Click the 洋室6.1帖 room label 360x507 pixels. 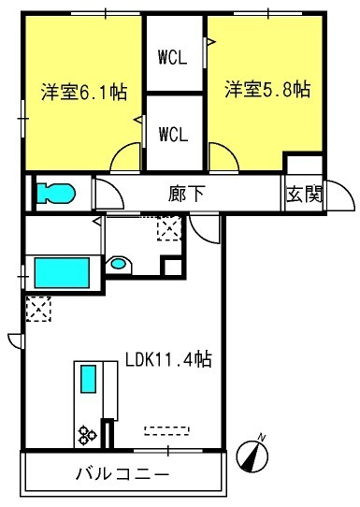(82, 93)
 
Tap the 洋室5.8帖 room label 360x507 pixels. (267, 90)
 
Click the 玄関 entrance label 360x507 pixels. (305, 196)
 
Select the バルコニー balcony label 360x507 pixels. (122, 474)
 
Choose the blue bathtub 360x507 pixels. (61, 274)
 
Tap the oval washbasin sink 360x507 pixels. (118, 264)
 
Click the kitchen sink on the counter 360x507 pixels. (87, 380)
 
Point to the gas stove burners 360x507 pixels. (88, 433)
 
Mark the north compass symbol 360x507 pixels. (252, 453)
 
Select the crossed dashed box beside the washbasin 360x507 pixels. (169, 227)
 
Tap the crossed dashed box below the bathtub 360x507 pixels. (39, 308)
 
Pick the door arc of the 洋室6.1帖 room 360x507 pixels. (123, 161)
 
